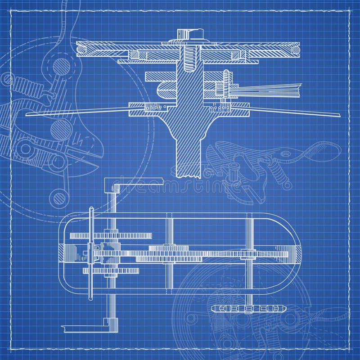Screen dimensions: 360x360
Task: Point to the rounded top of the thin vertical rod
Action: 91,210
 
